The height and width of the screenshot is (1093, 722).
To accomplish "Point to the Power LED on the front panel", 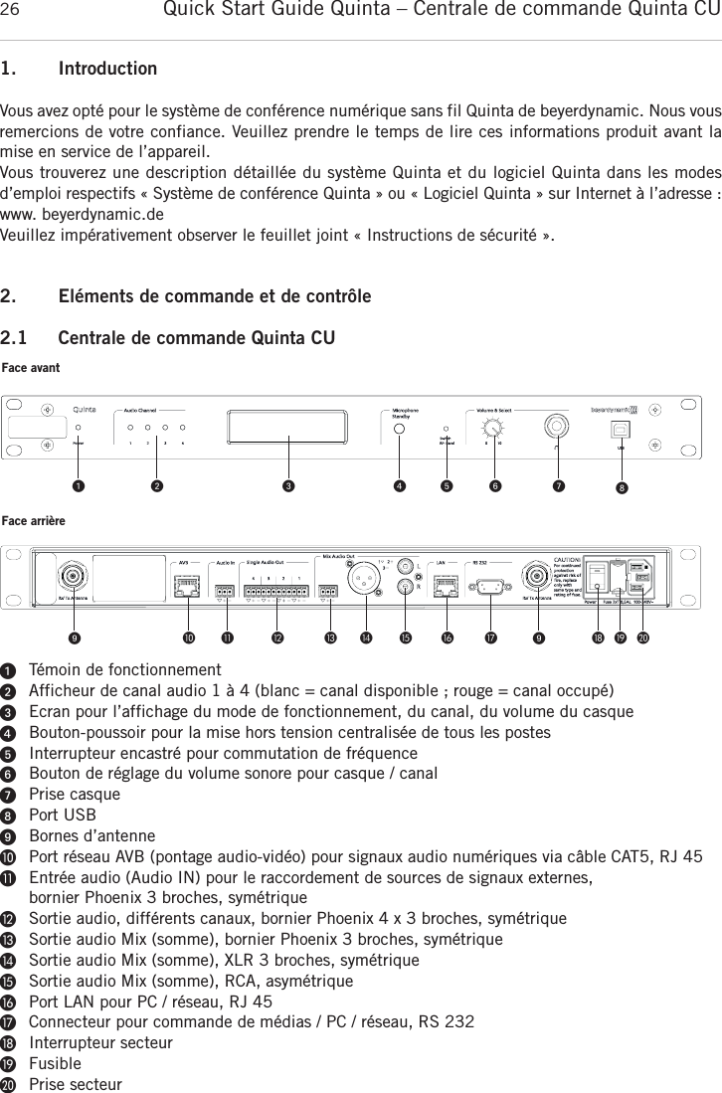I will tap(80, 428).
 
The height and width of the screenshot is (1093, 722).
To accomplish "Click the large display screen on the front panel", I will tap(288, 428).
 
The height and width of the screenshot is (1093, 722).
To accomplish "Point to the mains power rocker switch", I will tap(597, 579).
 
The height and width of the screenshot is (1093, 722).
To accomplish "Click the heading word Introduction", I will tap(107, 70).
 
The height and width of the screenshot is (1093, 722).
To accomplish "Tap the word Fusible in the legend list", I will tap(56, 1063).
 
